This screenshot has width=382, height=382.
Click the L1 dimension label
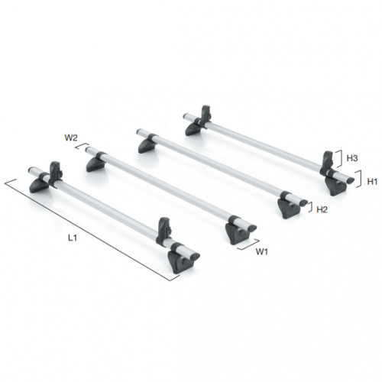(x=71, y=239)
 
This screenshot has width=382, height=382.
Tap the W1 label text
(x=261, y=251)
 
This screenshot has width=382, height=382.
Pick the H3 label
(x=352, y=158)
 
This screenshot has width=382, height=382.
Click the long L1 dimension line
(x=92, y=229)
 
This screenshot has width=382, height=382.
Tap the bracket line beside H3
(x=339, y=159)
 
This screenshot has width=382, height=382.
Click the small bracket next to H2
(x=309, y=204)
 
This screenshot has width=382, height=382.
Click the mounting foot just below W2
(x=96, y=165)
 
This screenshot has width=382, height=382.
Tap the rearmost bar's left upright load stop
(x=205, y=115)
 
